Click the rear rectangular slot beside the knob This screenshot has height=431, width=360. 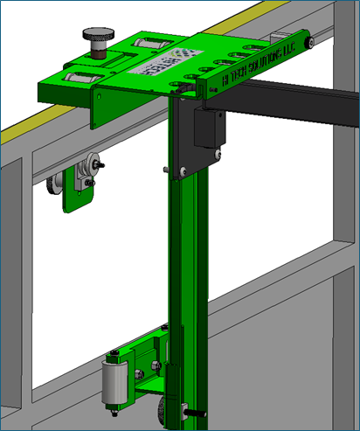(148, 46)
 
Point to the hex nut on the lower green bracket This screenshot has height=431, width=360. (154, 365)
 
